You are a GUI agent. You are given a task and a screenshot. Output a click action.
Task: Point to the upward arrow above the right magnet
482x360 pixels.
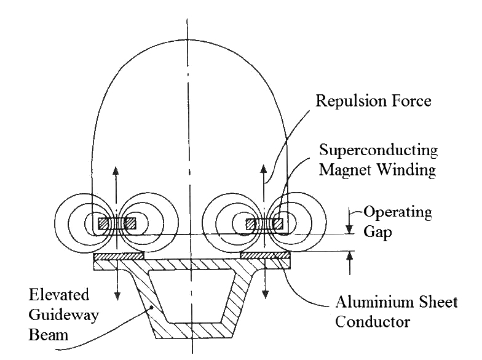coord(264,178)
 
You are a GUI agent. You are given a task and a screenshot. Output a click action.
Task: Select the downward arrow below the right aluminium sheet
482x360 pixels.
coord(264,286)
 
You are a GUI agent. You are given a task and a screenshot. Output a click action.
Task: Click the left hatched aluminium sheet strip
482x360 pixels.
coord(119,255)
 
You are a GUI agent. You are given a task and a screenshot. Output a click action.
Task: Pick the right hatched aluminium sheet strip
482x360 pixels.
coord(265,255)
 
